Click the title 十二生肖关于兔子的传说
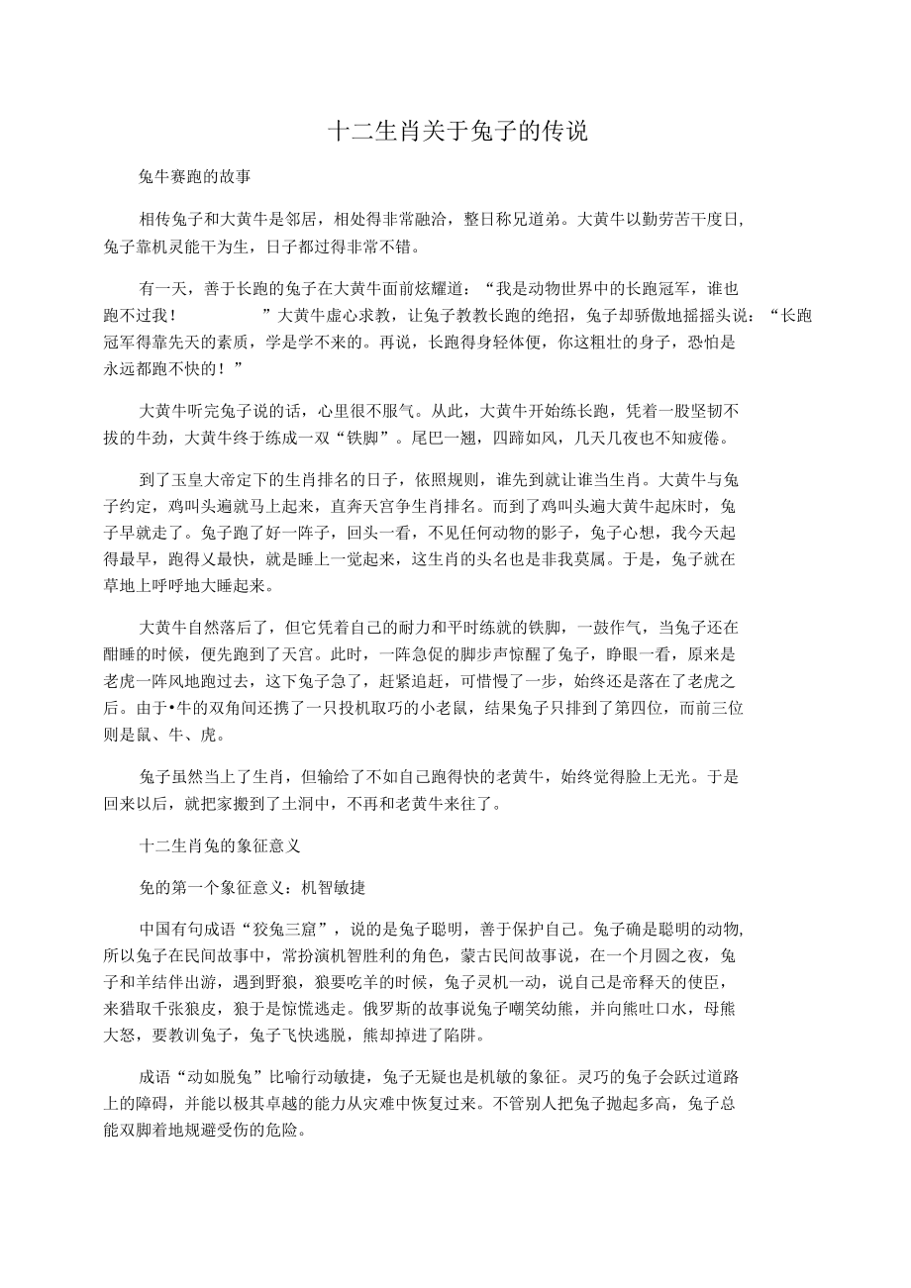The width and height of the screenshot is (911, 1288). click(458, 132)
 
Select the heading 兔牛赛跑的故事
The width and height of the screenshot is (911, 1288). click(195, 178)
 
